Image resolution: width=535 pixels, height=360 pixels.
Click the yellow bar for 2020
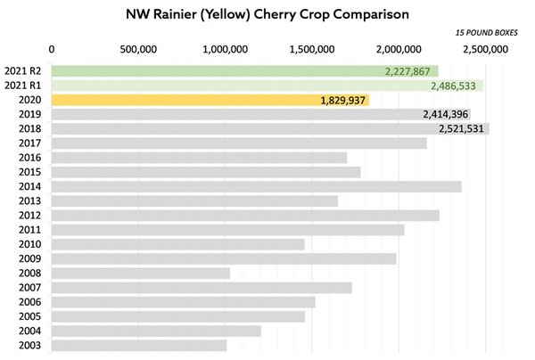[x=210, y=100]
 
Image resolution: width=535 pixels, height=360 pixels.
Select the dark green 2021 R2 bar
[x=245, y=71]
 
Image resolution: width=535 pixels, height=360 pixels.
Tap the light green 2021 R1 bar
[x=267, y=86]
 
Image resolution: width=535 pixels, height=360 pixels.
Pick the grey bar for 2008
[x=141, y=273]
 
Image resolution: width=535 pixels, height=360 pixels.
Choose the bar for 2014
[x=257, y=186]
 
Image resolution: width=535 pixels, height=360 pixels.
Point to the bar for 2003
[x=139, y=345]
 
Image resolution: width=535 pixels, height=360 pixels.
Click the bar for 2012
[x=245, y=215]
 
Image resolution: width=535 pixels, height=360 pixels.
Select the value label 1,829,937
[x=343, y=101]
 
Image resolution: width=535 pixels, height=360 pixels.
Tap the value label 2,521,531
[x=461, y=129]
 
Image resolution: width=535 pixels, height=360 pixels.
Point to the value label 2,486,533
[x=453, y=86]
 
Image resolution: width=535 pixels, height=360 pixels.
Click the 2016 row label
[x=29, y=158]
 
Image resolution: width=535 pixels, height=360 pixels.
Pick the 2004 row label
[x=29, y=331]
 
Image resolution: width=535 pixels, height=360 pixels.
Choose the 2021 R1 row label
[x=22, y=86]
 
